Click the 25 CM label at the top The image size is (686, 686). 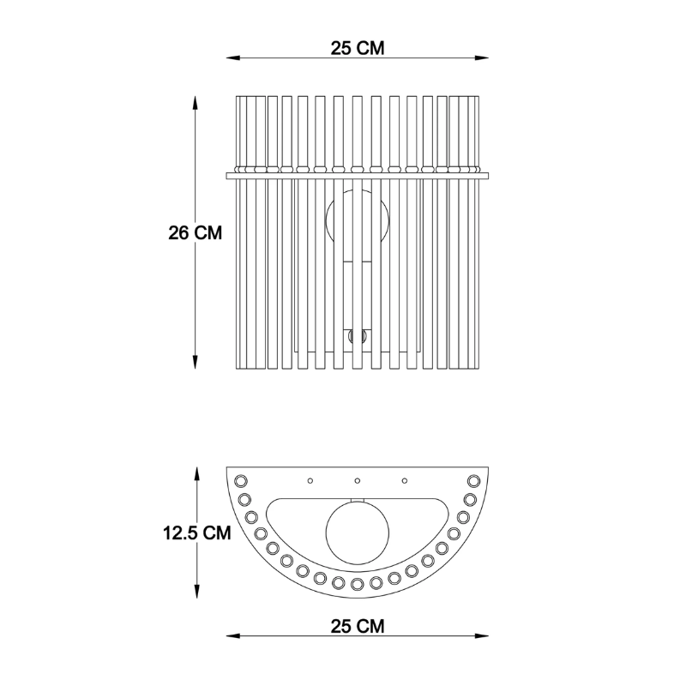(x=358, y=48)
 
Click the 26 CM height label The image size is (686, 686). (x=196, y=232)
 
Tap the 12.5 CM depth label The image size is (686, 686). (x=197, y=533)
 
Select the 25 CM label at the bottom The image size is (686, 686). (x=358, y=626)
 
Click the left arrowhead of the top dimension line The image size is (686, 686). (x=232, y=57)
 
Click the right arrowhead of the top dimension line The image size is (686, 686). (x=482, y=57)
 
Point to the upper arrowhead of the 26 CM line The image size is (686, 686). (x=196, y=103)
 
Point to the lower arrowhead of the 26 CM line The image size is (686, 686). (x=196, y=362)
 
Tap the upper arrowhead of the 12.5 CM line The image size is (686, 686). (x=197, y=474)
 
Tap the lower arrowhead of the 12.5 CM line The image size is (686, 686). (x=197, y=592)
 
